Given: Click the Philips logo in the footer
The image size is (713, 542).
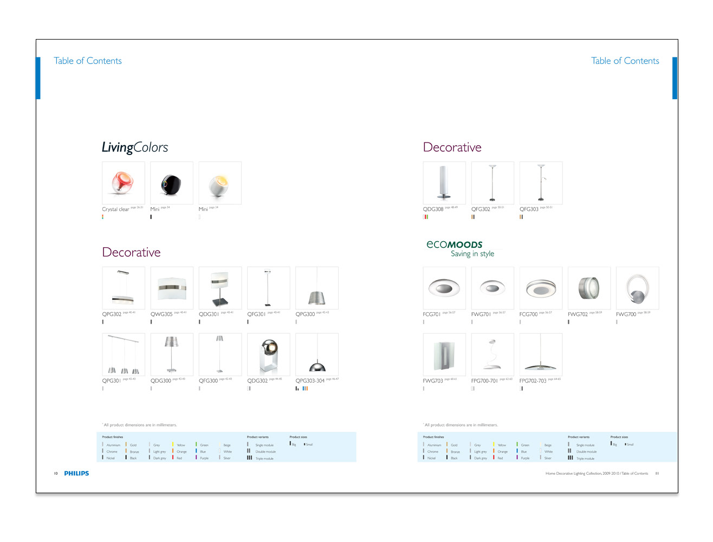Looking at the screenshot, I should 76,473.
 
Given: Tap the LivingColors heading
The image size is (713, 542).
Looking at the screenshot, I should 135,147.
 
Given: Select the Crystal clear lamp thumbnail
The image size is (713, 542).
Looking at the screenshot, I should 124,183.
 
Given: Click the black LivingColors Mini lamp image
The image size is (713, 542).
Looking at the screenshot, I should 171,183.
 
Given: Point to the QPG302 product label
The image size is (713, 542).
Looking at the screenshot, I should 112,314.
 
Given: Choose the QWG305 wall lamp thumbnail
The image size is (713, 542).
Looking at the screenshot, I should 171,288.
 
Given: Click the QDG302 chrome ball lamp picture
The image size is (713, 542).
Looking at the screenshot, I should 268,354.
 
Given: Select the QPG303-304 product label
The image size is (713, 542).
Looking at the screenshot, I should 310,381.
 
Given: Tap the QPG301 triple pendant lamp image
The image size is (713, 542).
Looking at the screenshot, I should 124,354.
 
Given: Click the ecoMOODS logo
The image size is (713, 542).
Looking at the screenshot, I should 454,244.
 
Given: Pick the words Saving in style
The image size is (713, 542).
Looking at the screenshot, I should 472,254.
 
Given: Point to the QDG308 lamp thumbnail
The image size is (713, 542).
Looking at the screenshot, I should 444,183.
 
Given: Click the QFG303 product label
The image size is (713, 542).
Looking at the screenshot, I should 529,209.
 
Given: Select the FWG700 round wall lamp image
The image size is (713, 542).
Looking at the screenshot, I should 638,288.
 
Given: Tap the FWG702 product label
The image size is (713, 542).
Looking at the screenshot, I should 578,314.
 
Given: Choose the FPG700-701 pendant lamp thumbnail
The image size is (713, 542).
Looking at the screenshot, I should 492,354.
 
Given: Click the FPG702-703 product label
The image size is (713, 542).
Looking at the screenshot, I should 533,381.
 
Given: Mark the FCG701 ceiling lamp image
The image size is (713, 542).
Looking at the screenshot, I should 444,288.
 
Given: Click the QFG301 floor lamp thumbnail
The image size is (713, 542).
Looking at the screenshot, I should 268,288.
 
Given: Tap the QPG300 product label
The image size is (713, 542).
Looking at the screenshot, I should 305,314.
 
